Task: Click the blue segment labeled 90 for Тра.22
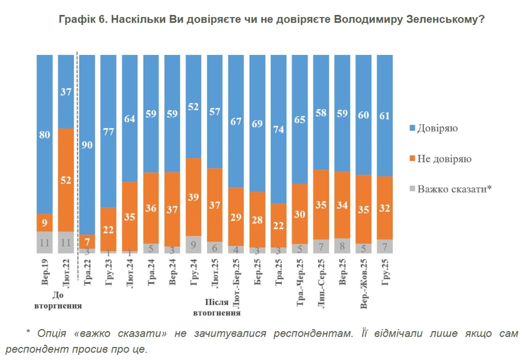click(x=87, y=145)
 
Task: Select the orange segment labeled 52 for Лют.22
click(x=66, y=180)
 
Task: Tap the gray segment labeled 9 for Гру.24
click(x=194, y=245)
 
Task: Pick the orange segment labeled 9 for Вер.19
click(x=44, y=222)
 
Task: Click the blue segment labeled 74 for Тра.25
click(x=279, y=129)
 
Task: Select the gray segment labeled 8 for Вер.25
click(x=343, y=246)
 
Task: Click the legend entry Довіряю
click(x=437, y=128)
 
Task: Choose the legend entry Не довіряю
click(x=444, y=159)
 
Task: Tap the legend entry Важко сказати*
click(x=454, y=189)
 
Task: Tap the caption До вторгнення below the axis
click(x=58, y=300)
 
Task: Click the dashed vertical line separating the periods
click(x=77, y=153)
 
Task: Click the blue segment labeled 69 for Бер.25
click(x=258, y=123)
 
